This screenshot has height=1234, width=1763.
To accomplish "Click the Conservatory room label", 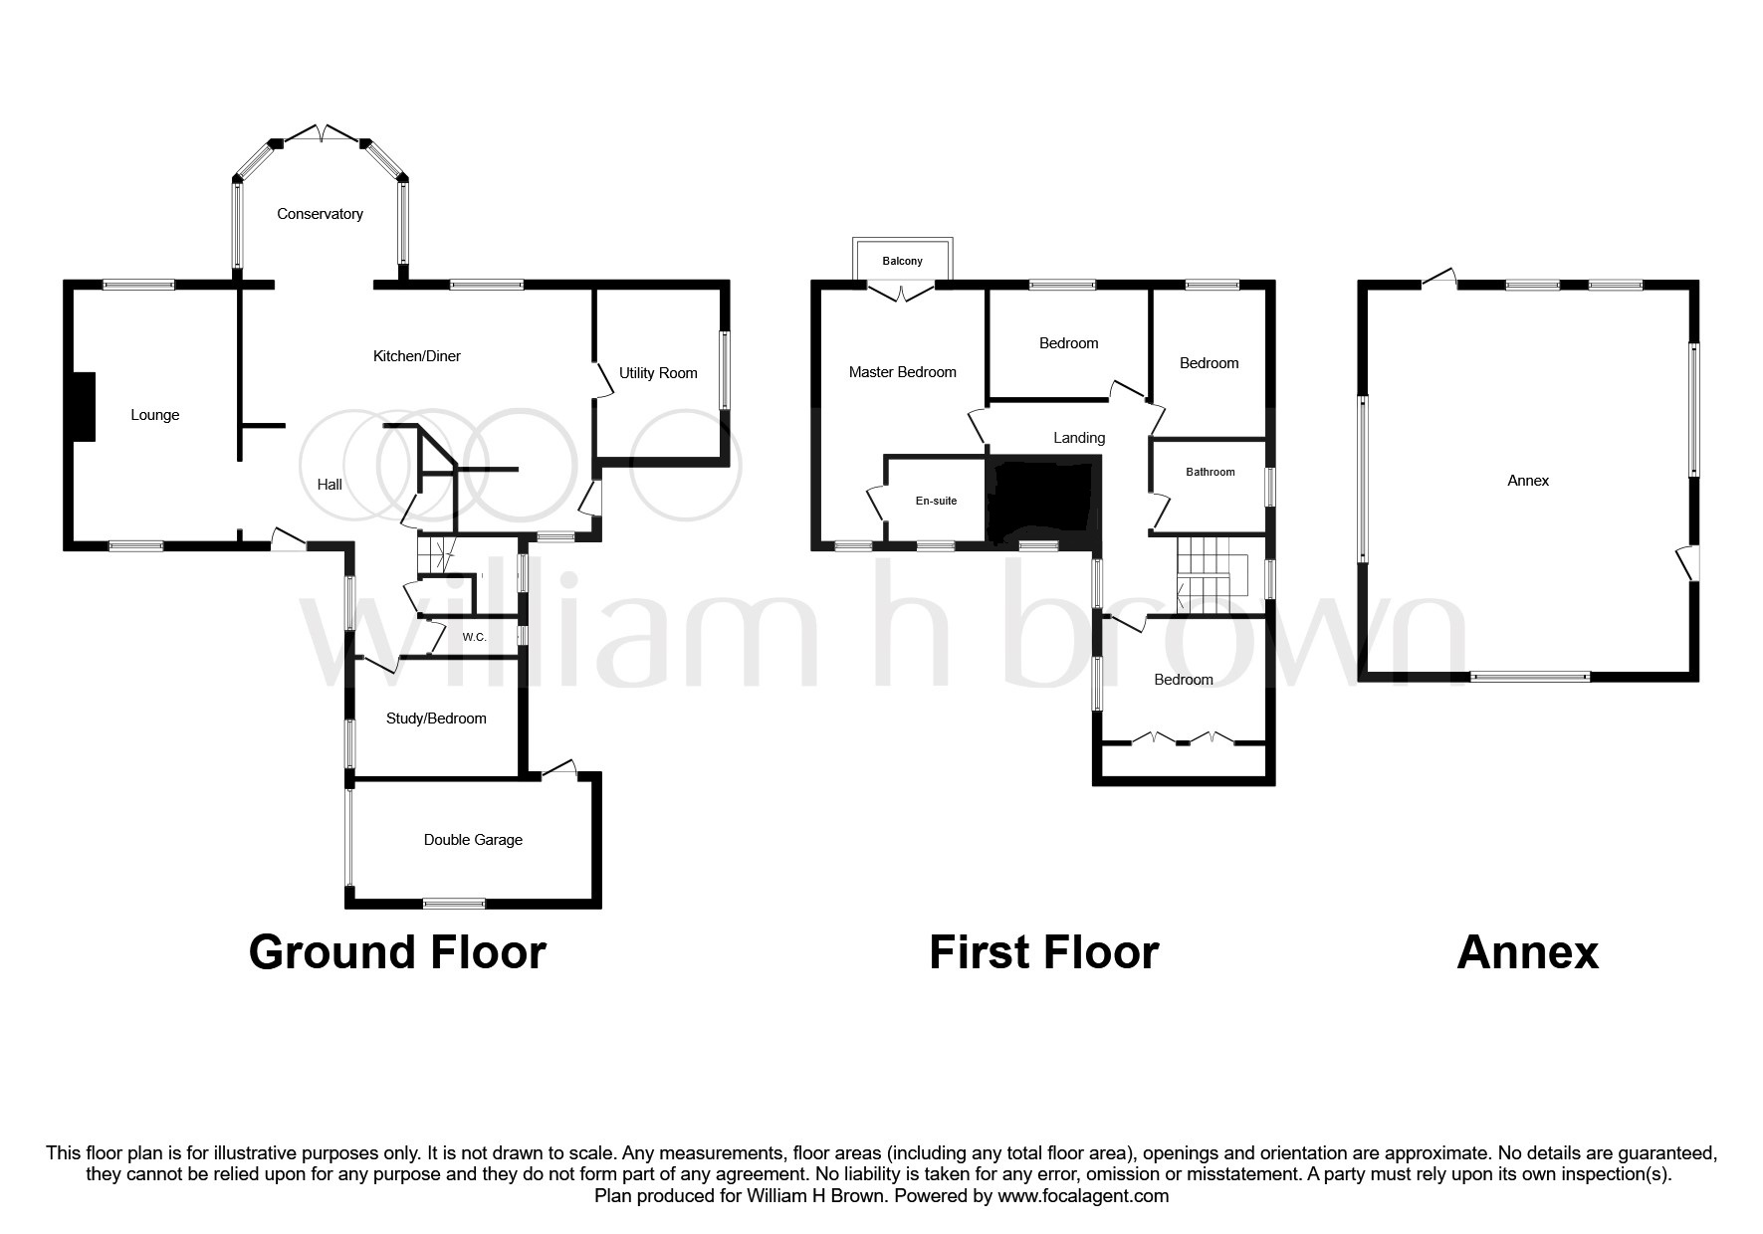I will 320,214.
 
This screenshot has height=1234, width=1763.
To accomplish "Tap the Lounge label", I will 155,415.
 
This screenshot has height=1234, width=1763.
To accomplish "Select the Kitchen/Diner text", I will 416,356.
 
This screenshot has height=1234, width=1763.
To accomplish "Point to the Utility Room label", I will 658,373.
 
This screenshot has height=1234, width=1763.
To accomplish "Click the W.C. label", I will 474,637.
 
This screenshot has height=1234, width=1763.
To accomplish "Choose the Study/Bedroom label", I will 436,719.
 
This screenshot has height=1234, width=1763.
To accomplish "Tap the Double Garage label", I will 473,840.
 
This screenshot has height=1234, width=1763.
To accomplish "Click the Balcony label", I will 902,262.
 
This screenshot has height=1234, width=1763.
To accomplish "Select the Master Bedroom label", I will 902,372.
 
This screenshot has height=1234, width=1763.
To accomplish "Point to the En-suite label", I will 936,501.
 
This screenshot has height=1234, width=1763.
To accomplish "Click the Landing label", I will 1079,438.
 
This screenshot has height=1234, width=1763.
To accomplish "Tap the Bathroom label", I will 1210,472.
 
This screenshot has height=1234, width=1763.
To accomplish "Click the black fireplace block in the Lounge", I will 83,406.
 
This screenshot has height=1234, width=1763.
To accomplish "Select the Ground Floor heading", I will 397,952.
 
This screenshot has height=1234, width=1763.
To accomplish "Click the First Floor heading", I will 1043,952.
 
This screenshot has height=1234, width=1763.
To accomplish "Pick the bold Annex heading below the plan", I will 1527,952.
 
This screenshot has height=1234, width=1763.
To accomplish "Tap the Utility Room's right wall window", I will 724,369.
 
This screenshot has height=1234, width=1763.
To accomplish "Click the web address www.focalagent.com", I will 1083,1196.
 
